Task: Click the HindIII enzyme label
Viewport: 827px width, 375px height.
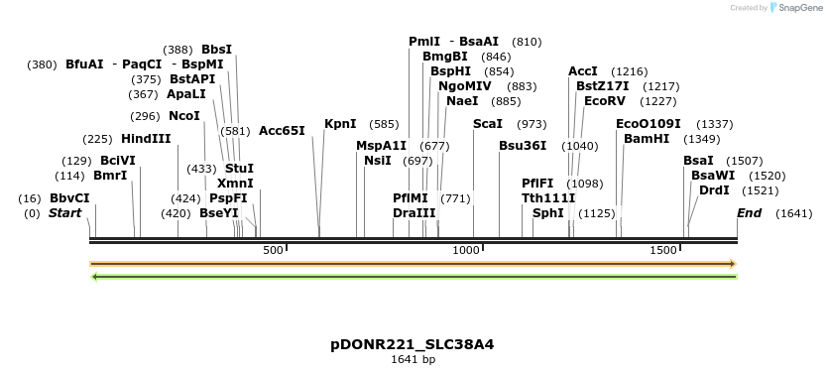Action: click(146, 138)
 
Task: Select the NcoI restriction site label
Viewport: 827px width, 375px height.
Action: click(184, 115)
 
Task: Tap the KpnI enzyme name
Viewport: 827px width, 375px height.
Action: click(340, 124)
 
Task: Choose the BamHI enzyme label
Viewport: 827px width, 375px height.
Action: click(647, 138)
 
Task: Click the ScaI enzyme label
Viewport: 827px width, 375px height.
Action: click(488, 124)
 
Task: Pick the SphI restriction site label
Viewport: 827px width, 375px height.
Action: click(548, 212)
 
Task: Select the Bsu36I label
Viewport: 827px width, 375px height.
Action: click(523, 145)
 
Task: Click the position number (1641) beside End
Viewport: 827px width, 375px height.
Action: click(794, 213)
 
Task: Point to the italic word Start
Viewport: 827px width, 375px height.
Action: click(65, 213)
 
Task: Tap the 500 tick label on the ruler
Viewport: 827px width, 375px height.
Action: click(274, 251)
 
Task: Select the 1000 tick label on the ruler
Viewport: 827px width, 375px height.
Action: click(467, 251)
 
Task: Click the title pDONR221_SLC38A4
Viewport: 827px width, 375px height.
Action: click(413, 344)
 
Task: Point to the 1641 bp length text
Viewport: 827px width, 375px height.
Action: click(413, 359)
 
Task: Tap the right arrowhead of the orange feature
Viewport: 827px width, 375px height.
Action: click(733, 264)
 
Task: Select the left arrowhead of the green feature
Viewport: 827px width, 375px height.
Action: click(94, 276)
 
